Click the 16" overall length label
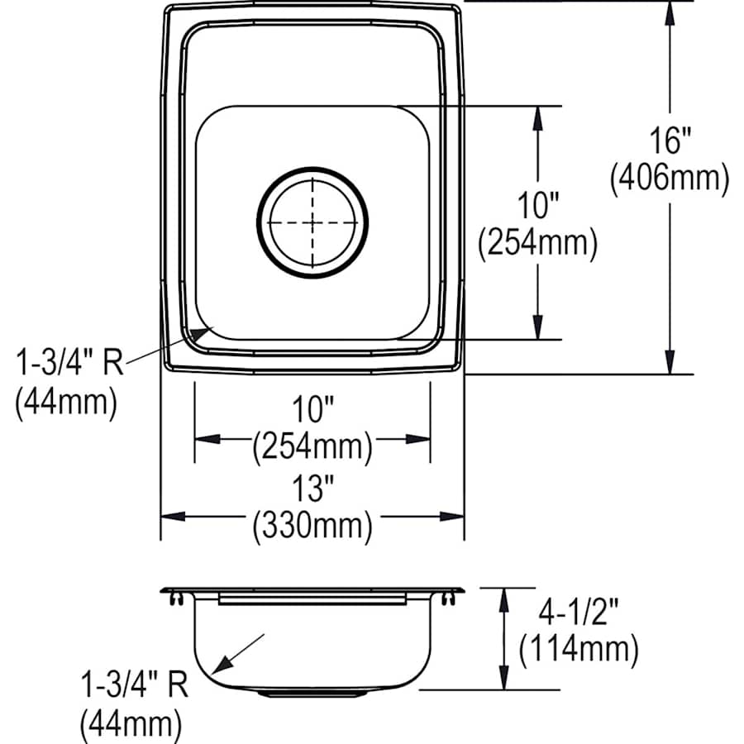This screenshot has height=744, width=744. (669, 141)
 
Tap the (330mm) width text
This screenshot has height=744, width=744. (312, 526)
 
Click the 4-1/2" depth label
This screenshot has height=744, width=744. (577, 613)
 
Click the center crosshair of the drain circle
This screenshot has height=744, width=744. (312, 222)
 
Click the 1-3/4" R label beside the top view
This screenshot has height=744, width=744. (69, 362)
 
